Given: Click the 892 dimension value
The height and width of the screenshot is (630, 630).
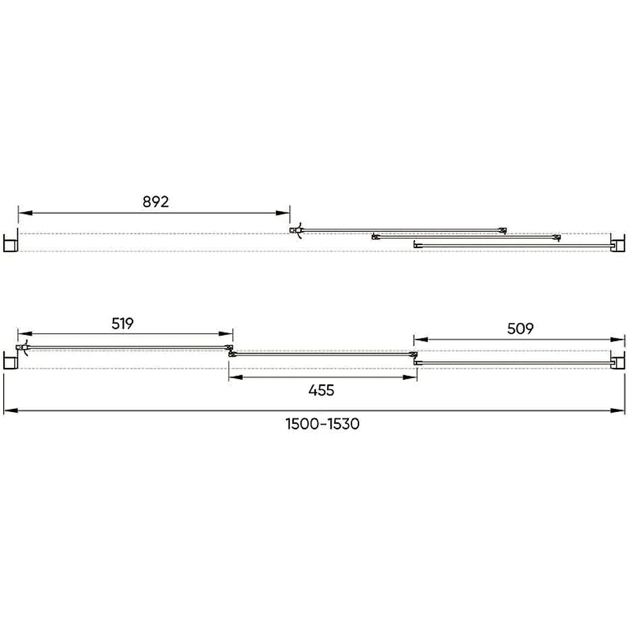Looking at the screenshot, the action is pyautogui.click(x=156, y=202).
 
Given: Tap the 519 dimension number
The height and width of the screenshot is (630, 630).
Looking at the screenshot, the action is pyautogui.click(x=123, y=323).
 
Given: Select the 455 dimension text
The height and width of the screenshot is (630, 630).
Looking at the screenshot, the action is pyautogui.click(x=321, y=390).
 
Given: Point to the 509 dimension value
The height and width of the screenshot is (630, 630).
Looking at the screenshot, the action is pyautogui.click(x=520, y=329).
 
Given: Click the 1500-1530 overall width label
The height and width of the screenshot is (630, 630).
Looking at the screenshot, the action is pyautogui.click(x=322, y=424).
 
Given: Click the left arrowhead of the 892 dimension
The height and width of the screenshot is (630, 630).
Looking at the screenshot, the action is pyautogui.click(x=25, y=213).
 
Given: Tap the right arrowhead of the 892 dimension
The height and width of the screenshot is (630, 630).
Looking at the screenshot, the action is pyautogui.click(x=283, y=213).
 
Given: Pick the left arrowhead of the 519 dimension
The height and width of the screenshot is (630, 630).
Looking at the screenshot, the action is pyautogui.click(x=25, y=333).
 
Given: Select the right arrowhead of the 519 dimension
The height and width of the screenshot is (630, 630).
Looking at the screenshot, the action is pyautogui.click(x=226, y=333).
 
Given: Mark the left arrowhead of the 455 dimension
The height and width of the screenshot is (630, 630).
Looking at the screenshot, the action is pyautogui.click(x=236, y=377).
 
